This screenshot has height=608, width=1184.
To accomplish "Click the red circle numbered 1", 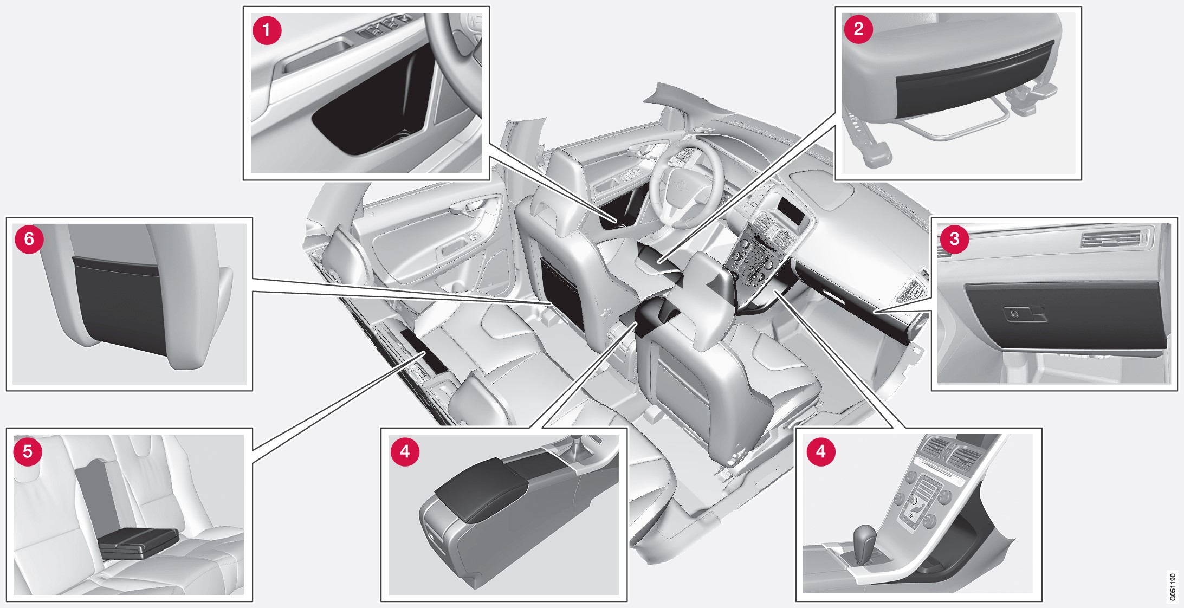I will [x=267, y=30].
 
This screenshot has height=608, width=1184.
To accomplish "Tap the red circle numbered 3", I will [x=954, y=238].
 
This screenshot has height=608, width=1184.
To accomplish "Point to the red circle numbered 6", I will [x=29, y=238].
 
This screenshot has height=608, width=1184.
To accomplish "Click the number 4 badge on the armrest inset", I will [x=405, y=451].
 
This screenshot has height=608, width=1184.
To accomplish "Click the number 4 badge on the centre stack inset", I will [x=820, y=451].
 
